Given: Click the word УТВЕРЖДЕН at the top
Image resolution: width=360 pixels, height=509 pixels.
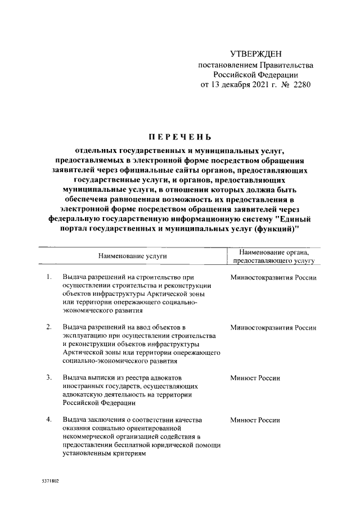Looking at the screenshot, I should [255, 54].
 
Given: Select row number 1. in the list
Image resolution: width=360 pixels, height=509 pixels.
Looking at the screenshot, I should [49, 277].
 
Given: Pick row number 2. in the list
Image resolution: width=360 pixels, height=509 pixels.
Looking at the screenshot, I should [49, 327].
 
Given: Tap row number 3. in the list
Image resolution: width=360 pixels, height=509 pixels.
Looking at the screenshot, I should [49, 377].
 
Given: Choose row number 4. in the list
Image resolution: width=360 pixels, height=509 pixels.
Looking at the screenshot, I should [49, 420].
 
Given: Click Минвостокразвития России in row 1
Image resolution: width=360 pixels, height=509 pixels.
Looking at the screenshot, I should [273, 278].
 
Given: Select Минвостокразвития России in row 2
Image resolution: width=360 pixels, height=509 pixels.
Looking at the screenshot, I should [273, 327].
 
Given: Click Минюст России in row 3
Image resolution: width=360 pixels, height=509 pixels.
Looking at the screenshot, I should [255, 378].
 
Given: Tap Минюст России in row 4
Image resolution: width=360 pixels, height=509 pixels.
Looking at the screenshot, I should [255, 420].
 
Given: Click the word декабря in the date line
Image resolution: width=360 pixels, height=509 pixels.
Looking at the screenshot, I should [227, 85].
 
